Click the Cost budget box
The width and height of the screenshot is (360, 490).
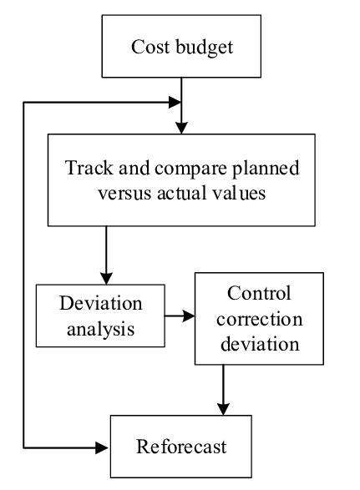pyautogui.click(x=181, y=46)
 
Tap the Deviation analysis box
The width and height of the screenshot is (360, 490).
pyautogui.click(x=99, y=315)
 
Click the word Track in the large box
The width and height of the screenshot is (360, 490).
pyautogui.click(x=86, y=168)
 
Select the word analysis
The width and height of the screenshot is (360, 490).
pyautogui.click(x=99, y=327)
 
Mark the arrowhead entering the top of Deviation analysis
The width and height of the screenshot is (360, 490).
pyautogui.click(x=106, y=277)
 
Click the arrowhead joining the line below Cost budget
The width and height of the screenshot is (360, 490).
pyautogui.click(x=175, y=102)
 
